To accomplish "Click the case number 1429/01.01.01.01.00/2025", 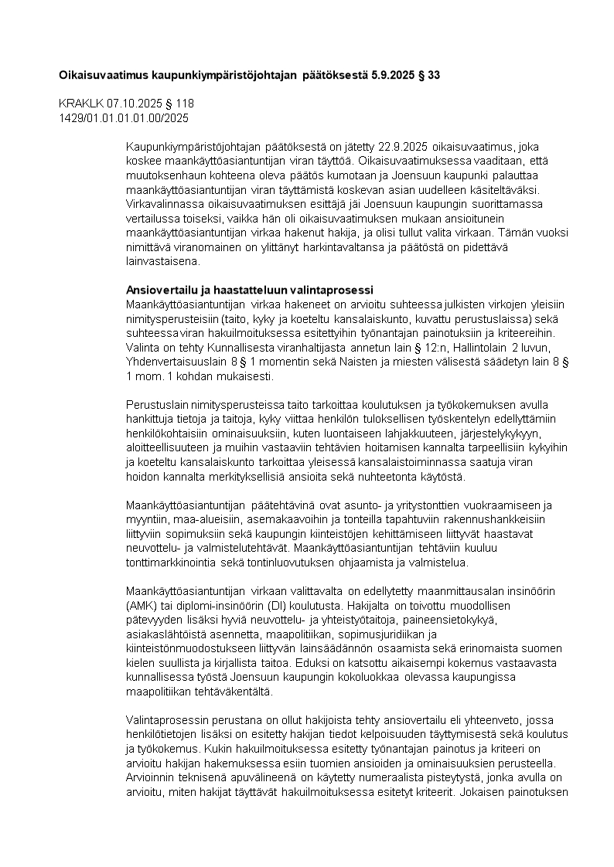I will click(x=124, y=117).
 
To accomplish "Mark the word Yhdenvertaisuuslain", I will click(x=173, y=362).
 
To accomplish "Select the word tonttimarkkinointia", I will click(x=172, y=563).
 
